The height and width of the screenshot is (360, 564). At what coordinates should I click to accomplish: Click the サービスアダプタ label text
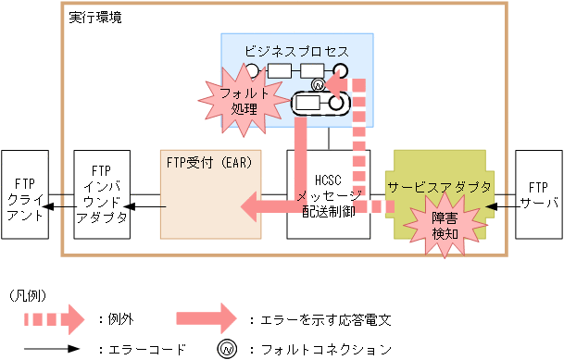coord(439,187)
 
